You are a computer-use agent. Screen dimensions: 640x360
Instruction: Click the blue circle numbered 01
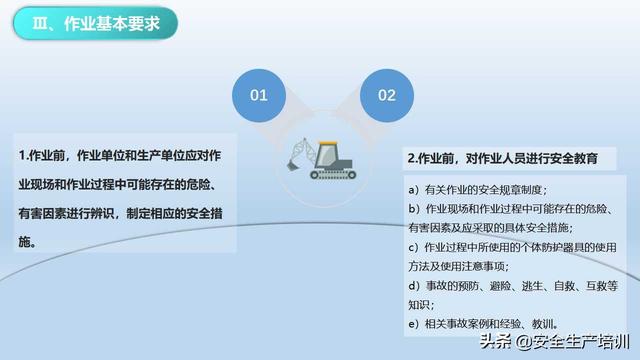point(259,96)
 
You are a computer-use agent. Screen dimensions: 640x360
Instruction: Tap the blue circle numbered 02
point(387,96)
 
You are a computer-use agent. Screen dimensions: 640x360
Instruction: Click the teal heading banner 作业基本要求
point(96,23)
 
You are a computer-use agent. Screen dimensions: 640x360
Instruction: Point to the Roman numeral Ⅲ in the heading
point(40,24)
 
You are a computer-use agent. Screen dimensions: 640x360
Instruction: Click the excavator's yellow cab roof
point(328,143)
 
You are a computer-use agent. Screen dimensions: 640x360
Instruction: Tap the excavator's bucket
point(291,165)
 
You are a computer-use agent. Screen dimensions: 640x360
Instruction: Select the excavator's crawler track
point(333,175)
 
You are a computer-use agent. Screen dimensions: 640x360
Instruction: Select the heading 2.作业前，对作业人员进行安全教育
point(502,158)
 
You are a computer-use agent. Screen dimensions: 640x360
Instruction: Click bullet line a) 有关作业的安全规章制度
point(477,190)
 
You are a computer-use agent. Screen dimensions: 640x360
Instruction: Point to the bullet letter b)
point(414,209)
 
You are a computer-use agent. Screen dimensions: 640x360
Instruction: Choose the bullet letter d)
point(414,286)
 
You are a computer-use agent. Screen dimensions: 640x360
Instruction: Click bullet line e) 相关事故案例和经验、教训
point(483,324)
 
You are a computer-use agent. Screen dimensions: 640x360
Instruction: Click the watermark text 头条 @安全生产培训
point(555,342)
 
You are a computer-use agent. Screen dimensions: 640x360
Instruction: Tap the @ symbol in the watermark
point(524,342)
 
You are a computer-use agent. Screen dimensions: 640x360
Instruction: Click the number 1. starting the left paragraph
point(24,156)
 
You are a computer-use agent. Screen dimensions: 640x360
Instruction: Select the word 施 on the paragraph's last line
point(24,242)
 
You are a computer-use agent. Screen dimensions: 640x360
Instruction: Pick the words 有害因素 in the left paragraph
point(42,213)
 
